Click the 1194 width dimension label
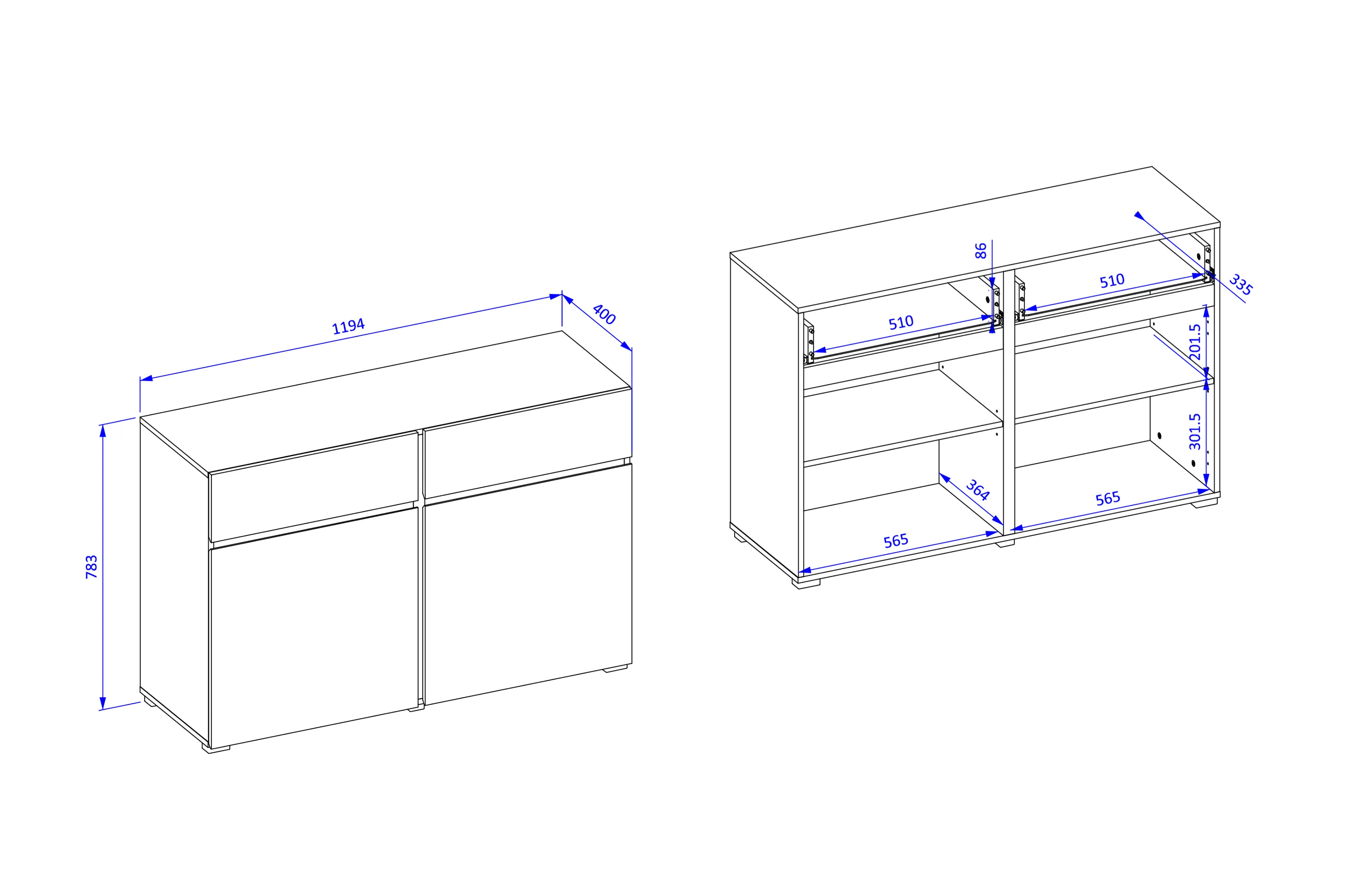348,326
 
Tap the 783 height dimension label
91,567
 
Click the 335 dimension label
1240,285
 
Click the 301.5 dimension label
1195,431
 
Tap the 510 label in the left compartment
901,322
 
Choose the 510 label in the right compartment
1112,281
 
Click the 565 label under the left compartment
896,540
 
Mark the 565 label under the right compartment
1108,498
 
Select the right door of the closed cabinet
528,584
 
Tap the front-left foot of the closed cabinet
216,748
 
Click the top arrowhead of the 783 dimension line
103,431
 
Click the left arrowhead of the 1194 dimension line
146,379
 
